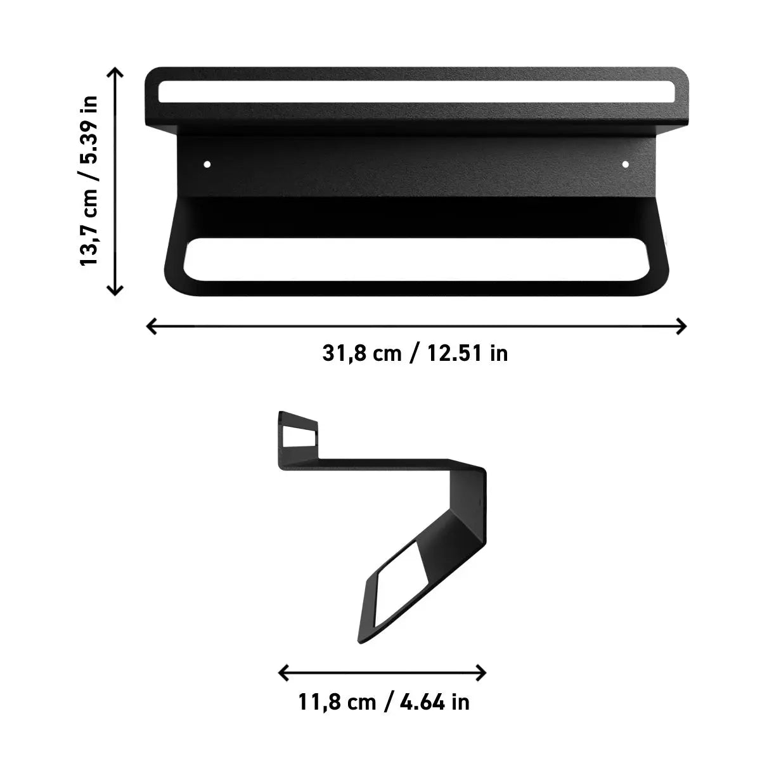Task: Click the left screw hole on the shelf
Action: (x=206, y=165)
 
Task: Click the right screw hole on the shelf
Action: (x=625, y=165)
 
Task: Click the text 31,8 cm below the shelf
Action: (x=361, y=353)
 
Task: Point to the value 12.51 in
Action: (x=467, y=353)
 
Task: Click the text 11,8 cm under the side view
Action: (x=337, y=702)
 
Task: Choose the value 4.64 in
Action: (x=434, y=702)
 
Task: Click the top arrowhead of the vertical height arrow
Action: (x=114, y=72)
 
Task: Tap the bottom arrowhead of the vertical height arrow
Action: (x=114, y=290)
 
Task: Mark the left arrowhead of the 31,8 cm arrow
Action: (x=151, y=327)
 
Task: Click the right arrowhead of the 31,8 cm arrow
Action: (x=681, y=327)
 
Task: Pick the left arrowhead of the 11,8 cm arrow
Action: (x=283, y=673)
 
